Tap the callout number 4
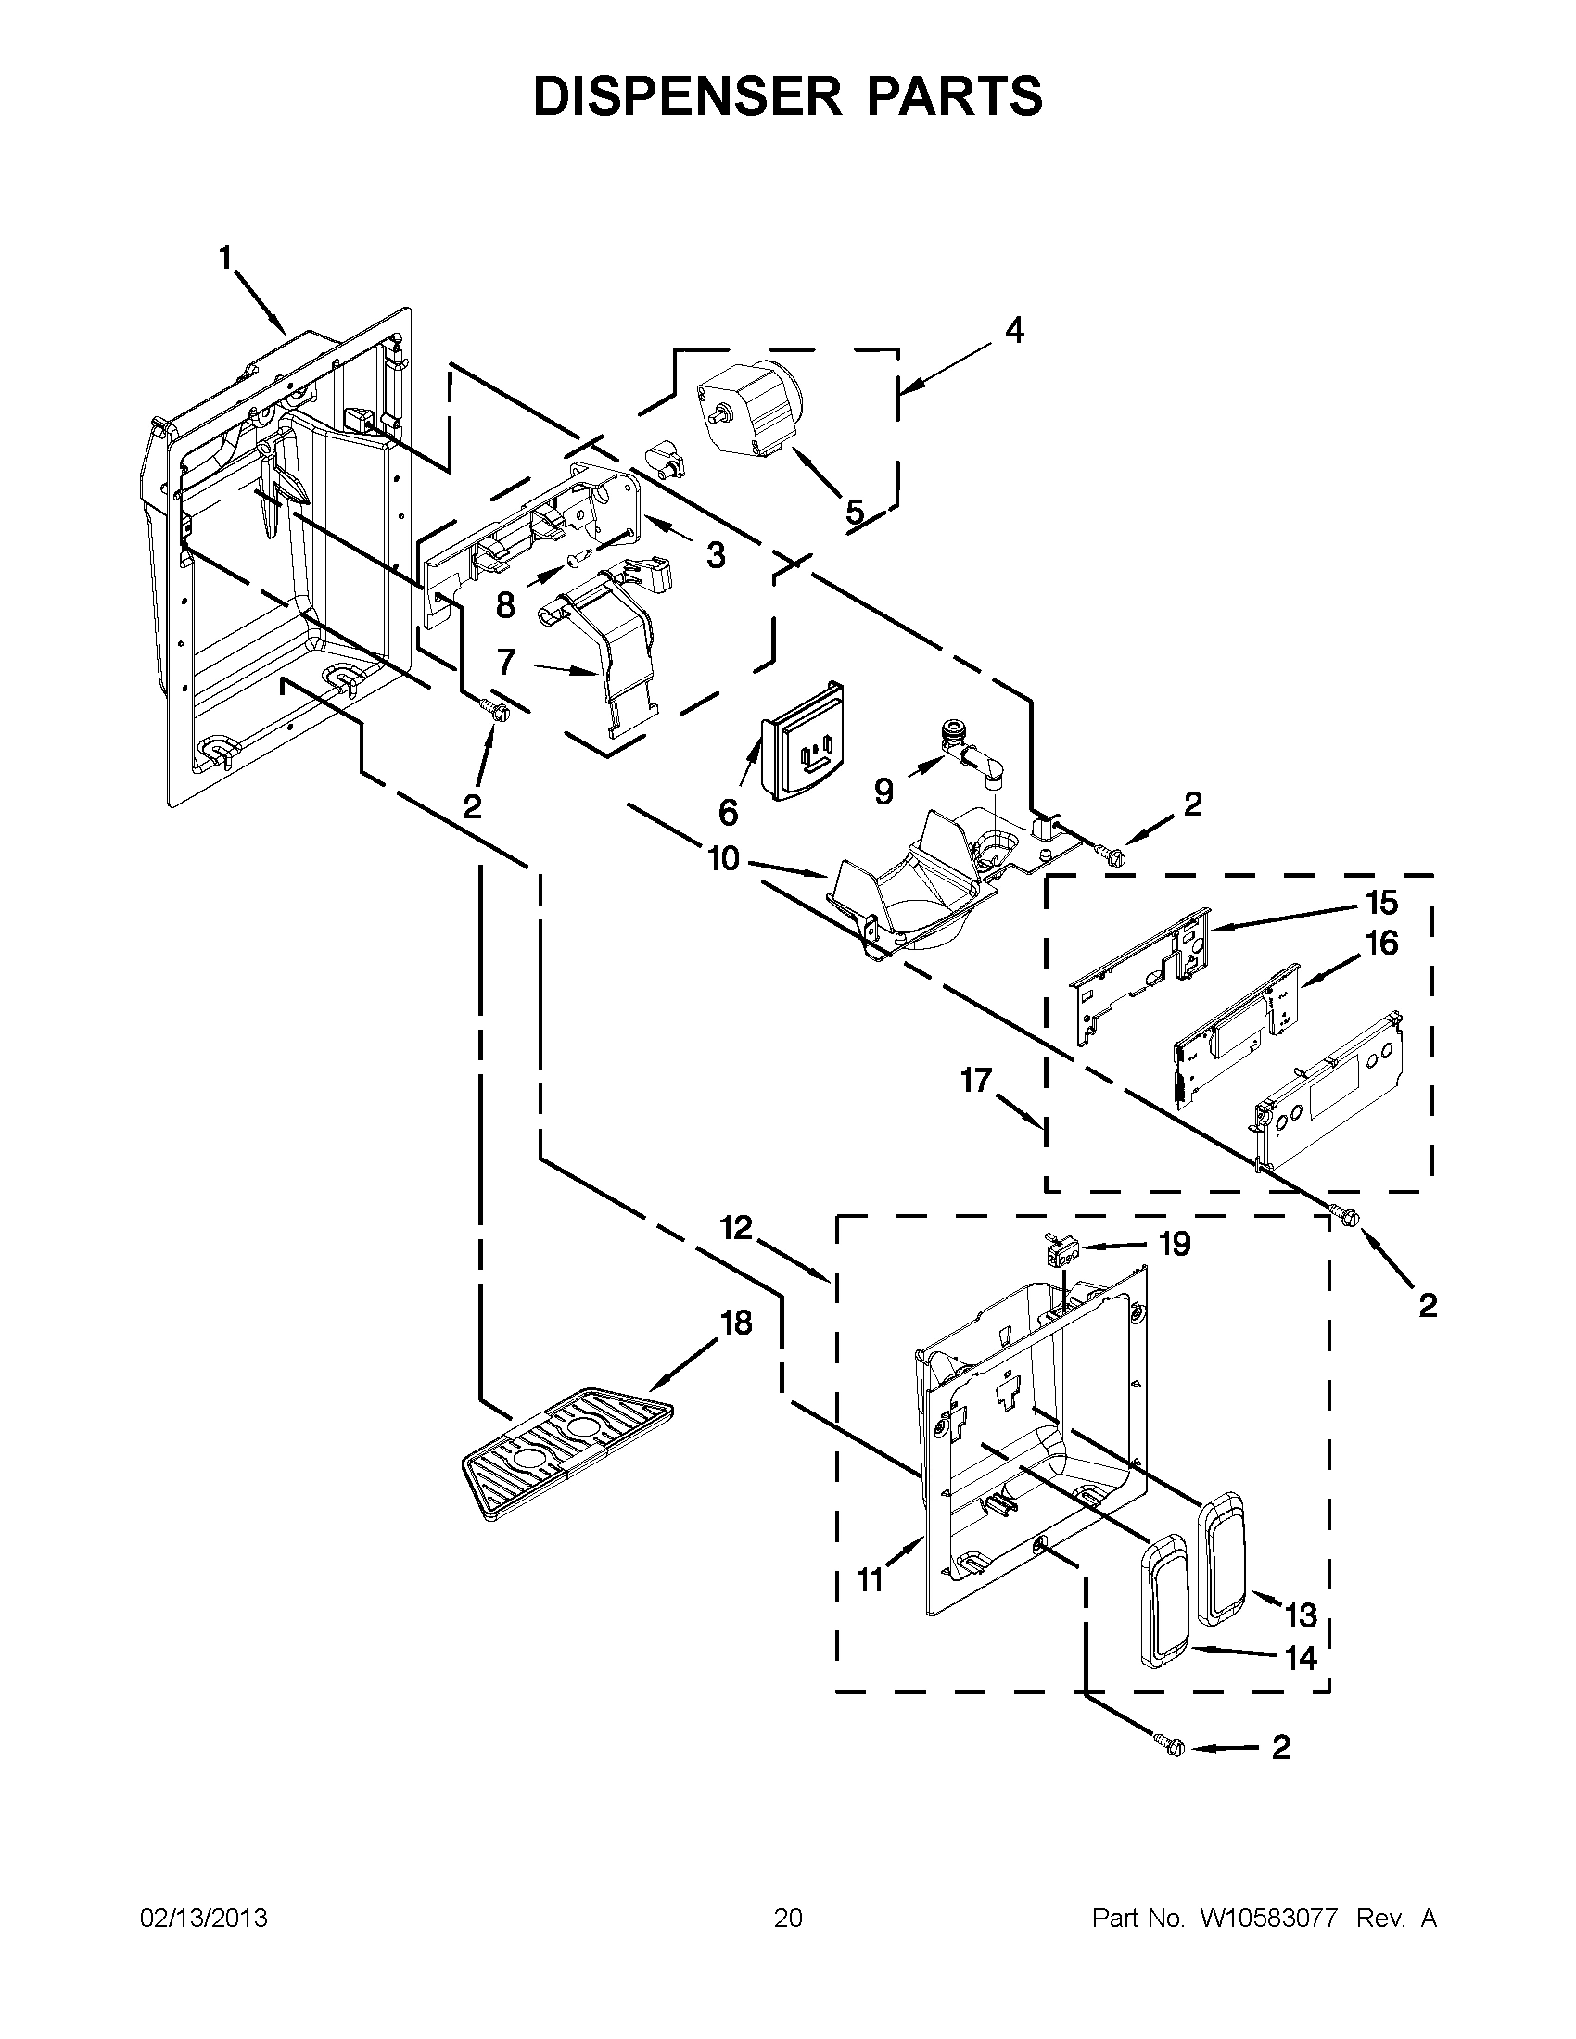(1014, 331)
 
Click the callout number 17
(976, 1080)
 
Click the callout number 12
(736, 1228)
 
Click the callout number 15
(1382, 903)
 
